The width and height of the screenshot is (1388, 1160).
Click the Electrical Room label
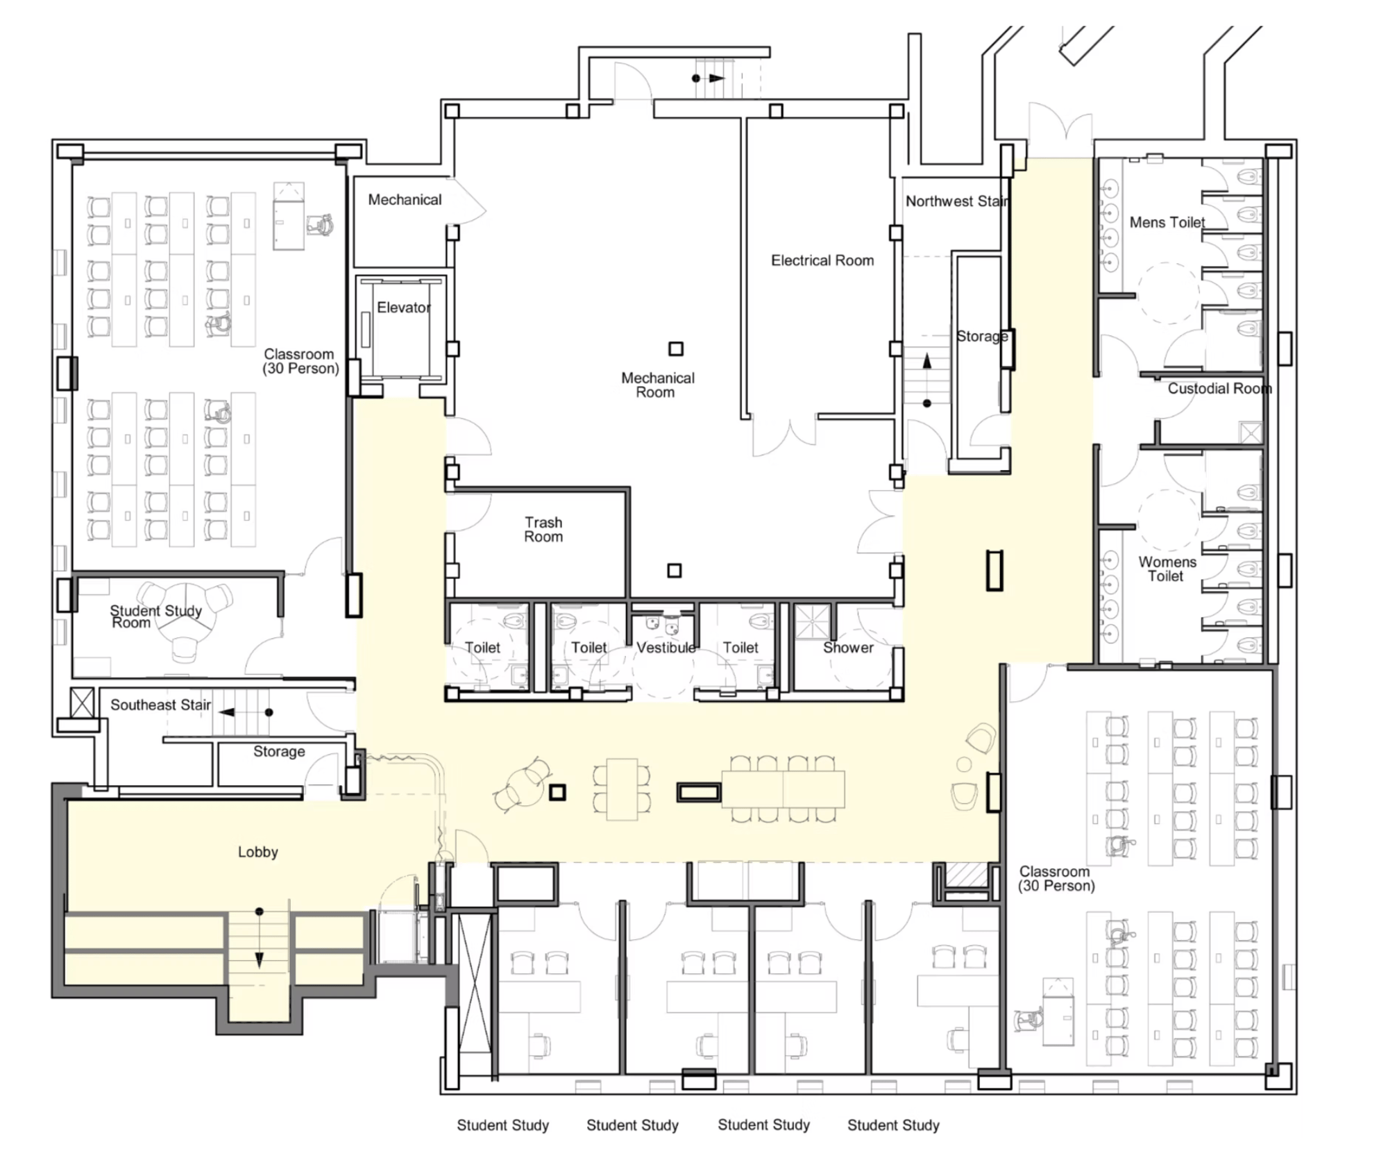coord(822,260)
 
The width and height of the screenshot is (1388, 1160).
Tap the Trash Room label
coord(543,529)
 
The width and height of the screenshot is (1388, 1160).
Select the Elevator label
coord(404,307)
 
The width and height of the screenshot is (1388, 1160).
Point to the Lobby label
coord(257,852)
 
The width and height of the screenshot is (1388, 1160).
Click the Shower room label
coord(848,648)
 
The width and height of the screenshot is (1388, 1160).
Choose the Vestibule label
coord(666,648)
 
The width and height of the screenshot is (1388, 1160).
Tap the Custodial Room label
coord(1219,388)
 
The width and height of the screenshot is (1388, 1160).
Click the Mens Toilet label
coord(1167,222)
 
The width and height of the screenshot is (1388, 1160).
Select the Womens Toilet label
coord(1167,569)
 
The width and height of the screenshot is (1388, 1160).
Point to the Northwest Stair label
coord(956,201)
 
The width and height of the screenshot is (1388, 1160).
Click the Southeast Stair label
coord(160,705)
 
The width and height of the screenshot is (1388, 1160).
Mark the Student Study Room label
coord(155,616)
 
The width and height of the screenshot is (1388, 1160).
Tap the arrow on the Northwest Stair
coord(926,380)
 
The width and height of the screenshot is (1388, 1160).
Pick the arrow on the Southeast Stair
coord(246,712)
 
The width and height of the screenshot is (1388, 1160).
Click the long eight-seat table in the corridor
coord(783,789)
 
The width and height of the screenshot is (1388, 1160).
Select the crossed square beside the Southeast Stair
coord(82,703)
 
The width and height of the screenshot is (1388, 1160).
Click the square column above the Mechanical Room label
coord(675,348)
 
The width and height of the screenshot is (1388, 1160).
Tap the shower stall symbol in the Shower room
coord(811,621)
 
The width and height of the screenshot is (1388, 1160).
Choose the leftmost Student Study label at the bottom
coord(502,1125)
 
